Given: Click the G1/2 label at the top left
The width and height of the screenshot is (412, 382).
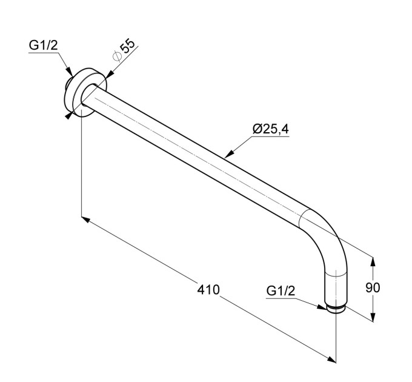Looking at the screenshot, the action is point(43,45).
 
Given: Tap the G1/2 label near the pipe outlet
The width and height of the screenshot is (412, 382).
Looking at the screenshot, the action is point(281,291).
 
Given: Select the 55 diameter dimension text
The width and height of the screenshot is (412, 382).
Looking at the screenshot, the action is point(127,47).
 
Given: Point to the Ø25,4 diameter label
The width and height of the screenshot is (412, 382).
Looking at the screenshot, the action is point(271,129).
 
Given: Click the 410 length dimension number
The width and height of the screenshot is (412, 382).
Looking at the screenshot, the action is point(208,289).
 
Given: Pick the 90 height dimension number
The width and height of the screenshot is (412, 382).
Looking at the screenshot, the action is point(373,287).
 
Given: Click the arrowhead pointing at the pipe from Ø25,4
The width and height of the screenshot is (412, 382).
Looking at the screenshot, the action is point(229,155).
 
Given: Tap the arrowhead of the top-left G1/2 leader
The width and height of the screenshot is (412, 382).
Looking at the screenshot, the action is point(69,72).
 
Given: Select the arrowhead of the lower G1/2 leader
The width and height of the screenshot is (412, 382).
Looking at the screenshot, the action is point(322,307).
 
